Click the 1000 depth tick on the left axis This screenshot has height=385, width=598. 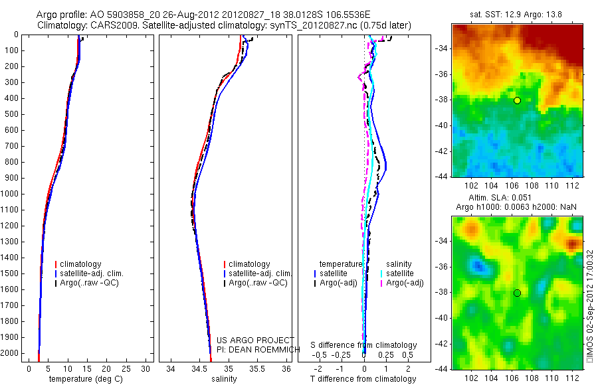(13, 194)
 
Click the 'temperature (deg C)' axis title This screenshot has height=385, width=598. (86, 379)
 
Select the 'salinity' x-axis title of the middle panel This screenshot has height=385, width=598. (224, 379)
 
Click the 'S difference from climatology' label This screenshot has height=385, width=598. (364, 345)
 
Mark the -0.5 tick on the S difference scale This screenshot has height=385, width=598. (320, 354)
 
